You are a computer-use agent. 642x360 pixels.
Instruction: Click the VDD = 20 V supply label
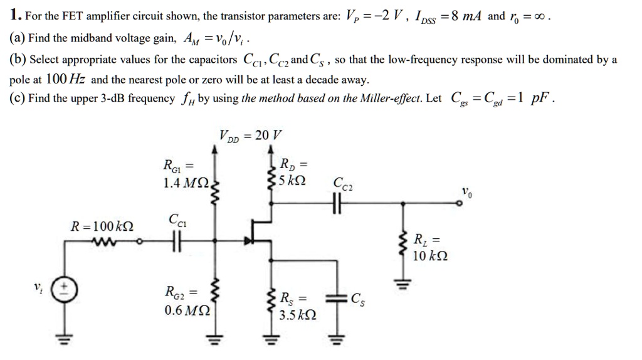251,135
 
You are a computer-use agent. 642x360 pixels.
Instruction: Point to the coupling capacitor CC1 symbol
174,243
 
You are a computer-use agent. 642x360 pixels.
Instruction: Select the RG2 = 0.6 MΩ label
183,301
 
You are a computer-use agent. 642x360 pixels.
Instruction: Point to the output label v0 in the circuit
466,192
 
